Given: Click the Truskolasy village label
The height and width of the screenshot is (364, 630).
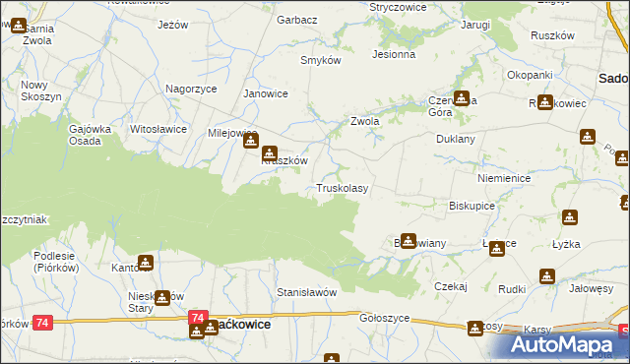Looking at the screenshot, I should pos(342,188).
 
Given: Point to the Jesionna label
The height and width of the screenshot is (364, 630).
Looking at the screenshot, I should pos(393,55).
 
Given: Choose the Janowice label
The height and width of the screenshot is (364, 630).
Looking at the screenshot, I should pos(265,93).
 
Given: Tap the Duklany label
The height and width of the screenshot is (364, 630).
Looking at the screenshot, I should pos(456,140).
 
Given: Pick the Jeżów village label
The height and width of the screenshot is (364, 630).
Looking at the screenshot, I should pos(172,25).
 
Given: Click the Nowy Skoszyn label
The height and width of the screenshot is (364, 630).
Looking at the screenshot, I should pos(41,91).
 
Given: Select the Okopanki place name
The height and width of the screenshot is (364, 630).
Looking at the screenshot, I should pos(529,75).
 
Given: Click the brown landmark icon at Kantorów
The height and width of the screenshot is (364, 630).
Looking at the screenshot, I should pos(146,263).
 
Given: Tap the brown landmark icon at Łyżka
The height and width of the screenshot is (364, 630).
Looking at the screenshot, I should pos(570,217).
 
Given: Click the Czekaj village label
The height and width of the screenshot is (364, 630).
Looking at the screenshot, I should pos(449,285).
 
